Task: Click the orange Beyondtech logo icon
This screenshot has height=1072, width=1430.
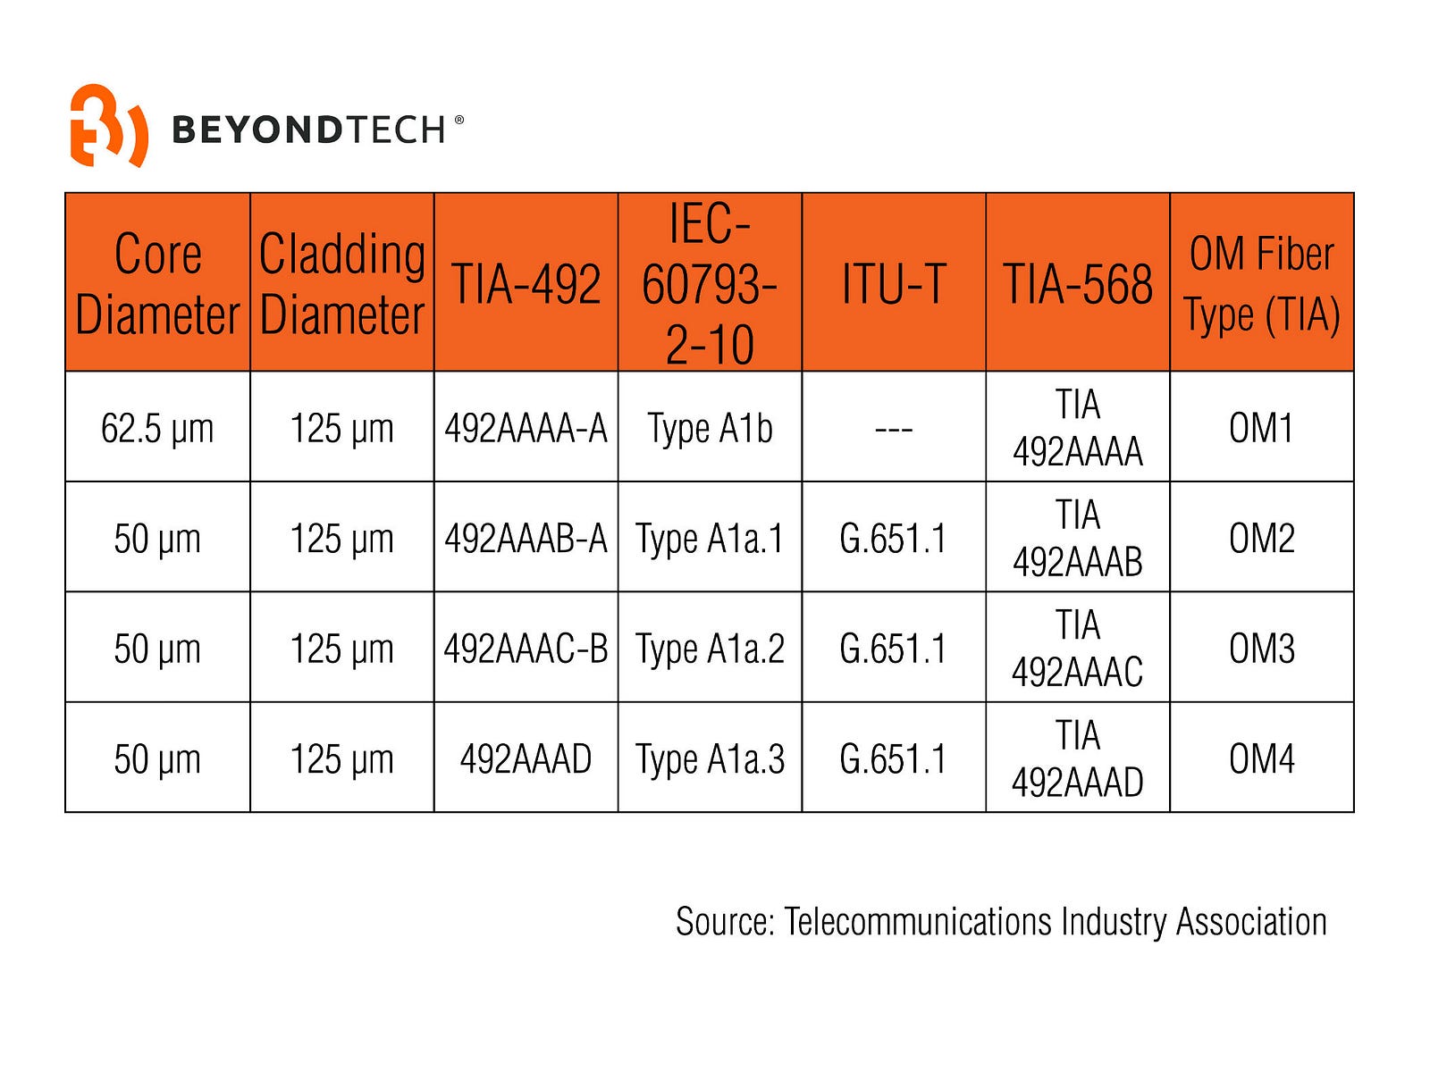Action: [107, 125]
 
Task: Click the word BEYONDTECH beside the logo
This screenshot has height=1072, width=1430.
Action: [308, 130]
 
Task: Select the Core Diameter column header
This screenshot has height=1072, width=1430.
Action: [157, 283]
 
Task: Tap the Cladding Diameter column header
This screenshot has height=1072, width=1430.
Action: [341, 283]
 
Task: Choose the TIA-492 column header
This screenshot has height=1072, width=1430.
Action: [526, 285]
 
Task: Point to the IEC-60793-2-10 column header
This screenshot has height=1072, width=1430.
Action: [710, 283]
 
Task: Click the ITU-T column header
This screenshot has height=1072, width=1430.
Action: [894, 285]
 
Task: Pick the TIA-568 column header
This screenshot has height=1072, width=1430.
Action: [1078, 285]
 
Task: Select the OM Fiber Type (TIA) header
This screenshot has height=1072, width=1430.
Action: [1262, 283]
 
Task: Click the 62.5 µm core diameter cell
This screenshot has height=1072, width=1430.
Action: [157, 428]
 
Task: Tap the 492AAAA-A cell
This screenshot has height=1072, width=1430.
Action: [526, 428]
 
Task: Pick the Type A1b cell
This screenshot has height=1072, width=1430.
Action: [710, 428]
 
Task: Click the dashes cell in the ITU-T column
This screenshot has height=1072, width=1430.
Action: [894, 429]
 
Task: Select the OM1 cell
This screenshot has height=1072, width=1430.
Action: [1262, 428]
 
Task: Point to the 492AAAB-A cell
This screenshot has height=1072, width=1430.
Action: [526, 539]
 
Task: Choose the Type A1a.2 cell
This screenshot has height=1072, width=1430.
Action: [710, 649]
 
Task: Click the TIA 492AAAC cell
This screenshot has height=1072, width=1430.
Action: [1078, 649]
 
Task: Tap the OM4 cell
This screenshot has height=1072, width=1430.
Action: [1262, 758]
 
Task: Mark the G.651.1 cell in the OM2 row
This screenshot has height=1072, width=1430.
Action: [894, 539]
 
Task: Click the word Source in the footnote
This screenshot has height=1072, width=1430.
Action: [725, 922]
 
